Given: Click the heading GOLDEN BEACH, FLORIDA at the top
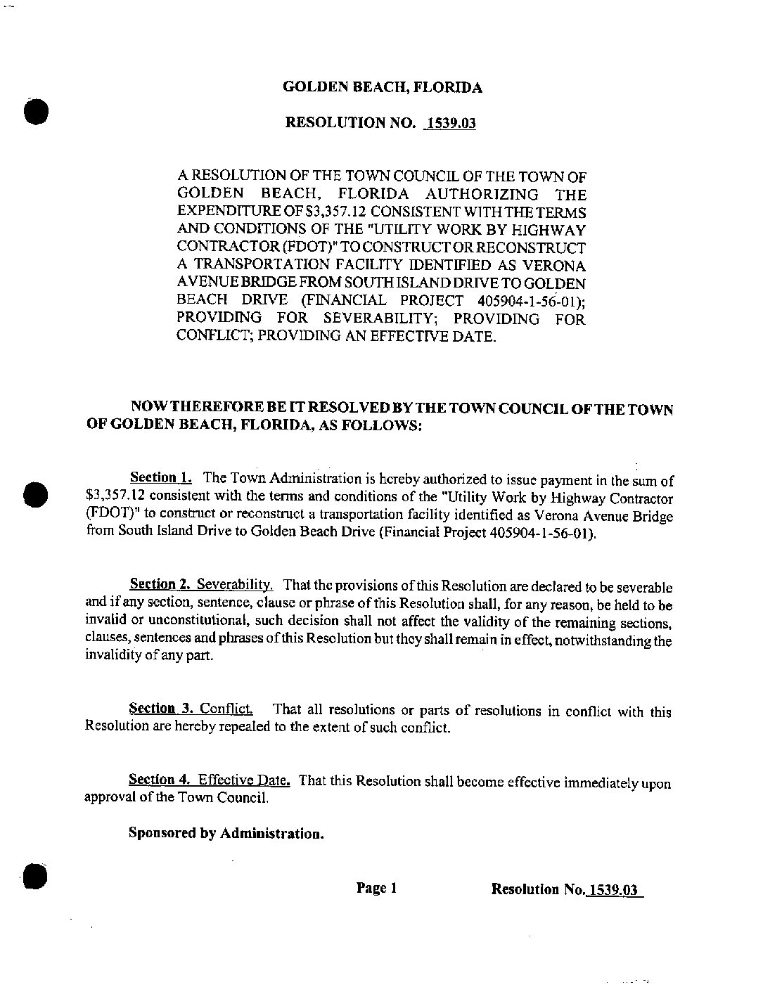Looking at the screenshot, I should coord(382,88).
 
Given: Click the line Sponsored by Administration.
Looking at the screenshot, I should coord(226,834).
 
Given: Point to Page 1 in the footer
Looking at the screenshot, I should coord(377,889).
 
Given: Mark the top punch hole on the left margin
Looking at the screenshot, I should coord(34,111).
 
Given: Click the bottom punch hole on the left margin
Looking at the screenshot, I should coord(33,876).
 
